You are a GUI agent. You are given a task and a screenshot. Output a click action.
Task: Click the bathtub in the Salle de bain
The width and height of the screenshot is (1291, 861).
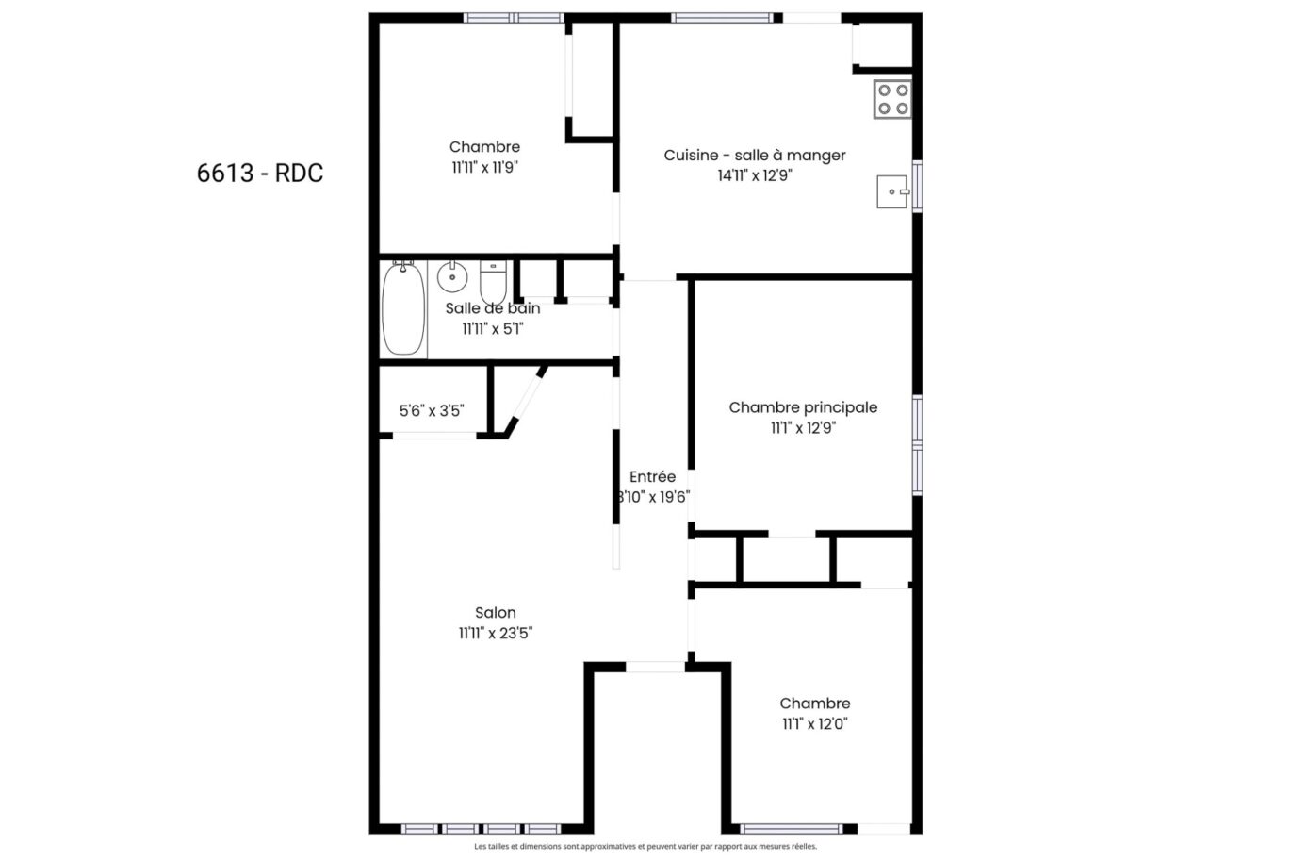pyautogui.click(x=402, y=308)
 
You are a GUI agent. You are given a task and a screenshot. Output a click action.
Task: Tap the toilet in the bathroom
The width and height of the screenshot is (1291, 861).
pyautogui.click(x=493, y=279)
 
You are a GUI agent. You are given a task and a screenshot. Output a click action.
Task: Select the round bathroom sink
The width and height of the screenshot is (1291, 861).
pyautogui.click(x=452, y=276)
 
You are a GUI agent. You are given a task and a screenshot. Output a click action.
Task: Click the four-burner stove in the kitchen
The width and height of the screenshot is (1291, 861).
pyautogui.click(x=891, y=99)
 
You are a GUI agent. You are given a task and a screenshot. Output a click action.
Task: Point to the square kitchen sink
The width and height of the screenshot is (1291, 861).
pyautogui.click(x=891, y=191)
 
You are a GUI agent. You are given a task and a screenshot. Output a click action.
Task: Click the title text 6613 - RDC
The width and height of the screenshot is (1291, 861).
pyautogui.click(x=260, y=174)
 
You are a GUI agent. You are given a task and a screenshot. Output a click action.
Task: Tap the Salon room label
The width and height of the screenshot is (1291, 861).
pyautogui.click(x=495, y=613)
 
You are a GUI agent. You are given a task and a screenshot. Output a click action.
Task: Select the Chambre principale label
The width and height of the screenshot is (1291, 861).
pyautogui.click(x=803, y=407)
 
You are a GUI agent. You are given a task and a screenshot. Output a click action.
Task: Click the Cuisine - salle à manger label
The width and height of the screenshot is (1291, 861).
pyautogui.click(x=754, y=156)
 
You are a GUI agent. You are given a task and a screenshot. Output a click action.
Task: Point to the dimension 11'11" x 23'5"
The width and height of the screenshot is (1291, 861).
pyautogui.click(x=496, y=634)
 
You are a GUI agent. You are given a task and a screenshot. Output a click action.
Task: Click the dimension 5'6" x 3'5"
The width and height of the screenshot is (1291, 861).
pyautogui.click(x=431, y=411)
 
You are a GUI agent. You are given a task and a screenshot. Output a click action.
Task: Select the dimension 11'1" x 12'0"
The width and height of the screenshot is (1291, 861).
pyautogui.click(x=814, y=724)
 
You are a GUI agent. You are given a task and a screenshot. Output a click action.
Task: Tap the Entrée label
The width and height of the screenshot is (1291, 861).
pyautogui.click(x=652, y=477)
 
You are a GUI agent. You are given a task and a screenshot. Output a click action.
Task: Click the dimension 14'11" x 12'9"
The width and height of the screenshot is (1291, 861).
pyautogui.click(x=754, y=175)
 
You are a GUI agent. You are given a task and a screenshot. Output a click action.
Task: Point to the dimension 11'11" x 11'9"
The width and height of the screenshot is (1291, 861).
pyautogui.click(x=484, y=168)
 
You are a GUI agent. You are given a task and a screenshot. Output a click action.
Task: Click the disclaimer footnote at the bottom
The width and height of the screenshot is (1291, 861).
pyautogui.click(x=645, y=848)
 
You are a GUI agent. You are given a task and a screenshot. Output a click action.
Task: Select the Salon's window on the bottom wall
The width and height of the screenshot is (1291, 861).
pyautogui.click(x=481, y=829)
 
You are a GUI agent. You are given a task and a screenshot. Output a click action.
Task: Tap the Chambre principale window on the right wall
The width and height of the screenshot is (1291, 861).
pyautogui.click(x=917, y=445)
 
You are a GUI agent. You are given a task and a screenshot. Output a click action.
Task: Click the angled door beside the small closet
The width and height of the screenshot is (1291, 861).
pyautogui.click(x=526, y=401)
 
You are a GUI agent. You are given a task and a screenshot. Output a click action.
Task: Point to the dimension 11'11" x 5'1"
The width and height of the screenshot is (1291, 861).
pyautogui.click(x=492, y=329)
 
